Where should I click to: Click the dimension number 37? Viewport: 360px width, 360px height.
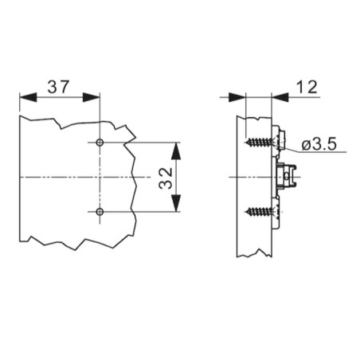click(58, 87)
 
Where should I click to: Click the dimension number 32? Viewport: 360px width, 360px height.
click(166, 178)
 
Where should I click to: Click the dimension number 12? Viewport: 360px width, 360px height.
click(307, 87)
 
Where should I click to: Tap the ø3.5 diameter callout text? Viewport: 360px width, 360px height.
click(319, 144)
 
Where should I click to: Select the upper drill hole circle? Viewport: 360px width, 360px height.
click(100, 143)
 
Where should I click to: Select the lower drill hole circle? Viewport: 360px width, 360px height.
click(100, 212)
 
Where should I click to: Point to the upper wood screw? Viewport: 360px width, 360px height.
click(259, 142)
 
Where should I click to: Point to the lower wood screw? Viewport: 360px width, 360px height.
click(259, 211)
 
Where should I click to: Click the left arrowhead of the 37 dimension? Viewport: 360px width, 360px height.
click(28, 97)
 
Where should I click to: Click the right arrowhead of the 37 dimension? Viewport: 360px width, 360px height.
click(92, 97)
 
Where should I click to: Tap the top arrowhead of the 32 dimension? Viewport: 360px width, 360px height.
click(176, 151)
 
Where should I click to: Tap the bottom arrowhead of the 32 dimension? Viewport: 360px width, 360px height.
click(176, 203)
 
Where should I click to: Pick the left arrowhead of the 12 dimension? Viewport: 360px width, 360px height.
click(237, 97)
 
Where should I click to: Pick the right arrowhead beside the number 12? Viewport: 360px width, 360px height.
click(280, 97)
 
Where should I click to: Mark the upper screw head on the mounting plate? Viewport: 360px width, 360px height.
click(279, 141)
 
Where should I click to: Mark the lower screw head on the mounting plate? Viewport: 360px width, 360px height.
click(276, 212)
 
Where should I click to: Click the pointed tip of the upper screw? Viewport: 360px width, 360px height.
click(245, 143)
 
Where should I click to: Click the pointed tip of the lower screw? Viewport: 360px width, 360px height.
click(245, 212)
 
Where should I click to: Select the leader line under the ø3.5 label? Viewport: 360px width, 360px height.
click(311, 149)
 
